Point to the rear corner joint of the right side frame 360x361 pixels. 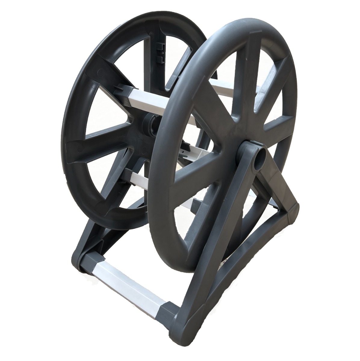pos(291,211)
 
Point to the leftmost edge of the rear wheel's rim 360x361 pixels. pos(63,141)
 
